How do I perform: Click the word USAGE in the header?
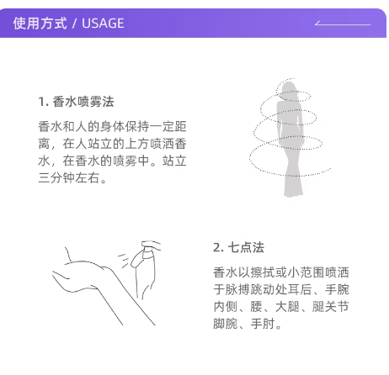(x=103, y=24)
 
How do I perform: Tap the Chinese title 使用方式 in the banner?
(x=40, y=24)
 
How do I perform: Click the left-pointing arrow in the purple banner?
(x=343, y=24)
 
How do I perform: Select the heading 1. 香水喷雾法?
(x=76, y=102)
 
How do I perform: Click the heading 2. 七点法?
(x=238, y=247)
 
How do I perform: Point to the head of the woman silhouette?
(x=288, y=89)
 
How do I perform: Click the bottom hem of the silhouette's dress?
(x=294, y=193)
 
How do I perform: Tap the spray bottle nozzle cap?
(x=151, y=246)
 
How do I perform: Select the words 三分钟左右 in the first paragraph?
(x=69, y=177)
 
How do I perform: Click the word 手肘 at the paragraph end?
(x=263, y=324)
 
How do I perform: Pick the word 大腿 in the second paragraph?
(x=287, y=307)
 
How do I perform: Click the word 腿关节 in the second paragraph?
(x=331, y=307)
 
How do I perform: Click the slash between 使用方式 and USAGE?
(x=74, y=24)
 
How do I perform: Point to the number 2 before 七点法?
(x=217, y=248)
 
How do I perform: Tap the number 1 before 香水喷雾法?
(x=41, y=102)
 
